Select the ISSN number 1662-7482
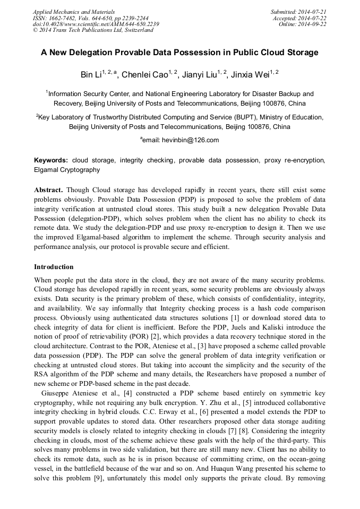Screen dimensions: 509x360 63,18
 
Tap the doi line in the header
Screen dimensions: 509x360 96,24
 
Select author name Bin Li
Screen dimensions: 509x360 91,75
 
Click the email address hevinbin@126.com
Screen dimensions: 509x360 188,140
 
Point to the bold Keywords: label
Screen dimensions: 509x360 51,160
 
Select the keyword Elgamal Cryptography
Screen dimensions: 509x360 67,170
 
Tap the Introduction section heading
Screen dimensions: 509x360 54,266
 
